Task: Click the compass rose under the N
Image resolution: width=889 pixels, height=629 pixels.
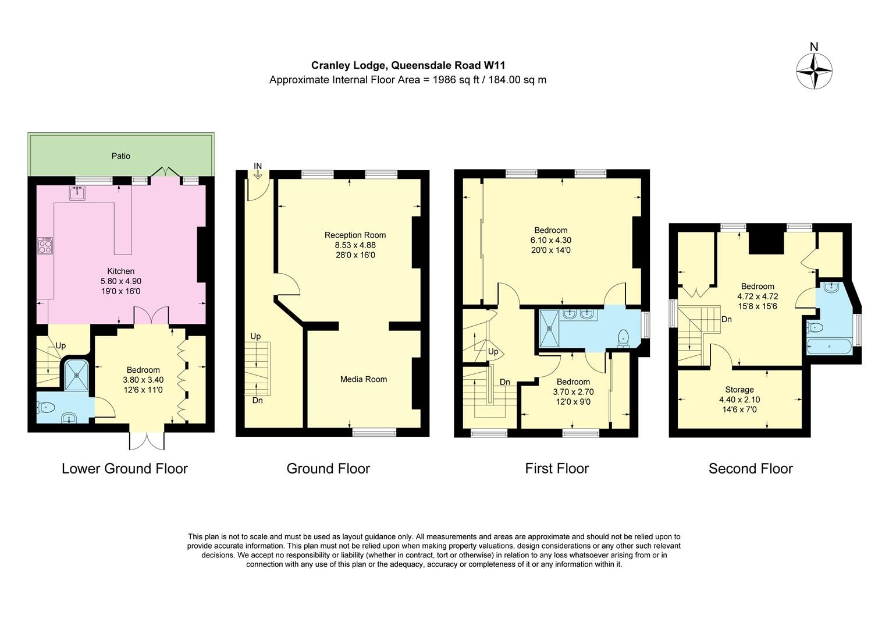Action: click(x=814, y=71)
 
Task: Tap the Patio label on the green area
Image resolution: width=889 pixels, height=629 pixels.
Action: click(x=121, y=156)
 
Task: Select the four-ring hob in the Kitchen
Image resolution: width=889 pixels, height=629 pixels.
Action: click(x=45, y=246)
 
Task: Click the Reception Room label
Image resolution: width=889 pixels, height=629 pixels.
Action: click(x=355, y=235)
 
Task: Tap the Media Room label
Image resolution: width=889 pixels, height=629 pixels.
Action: click(x=364, y=379)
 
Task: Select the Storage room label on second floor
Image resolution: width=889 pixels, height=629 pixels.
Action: click(x=739, y=390)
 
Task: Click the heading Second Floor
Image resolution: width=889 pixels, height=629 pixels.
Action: click(x=750, y=468)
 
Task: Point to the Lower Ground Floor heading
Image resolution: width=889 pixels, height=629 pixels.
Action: click(x=125, y=468)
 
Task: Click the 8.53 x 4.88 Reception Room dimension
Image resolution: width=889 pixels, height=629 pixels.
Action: click(x=355, y=245)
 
